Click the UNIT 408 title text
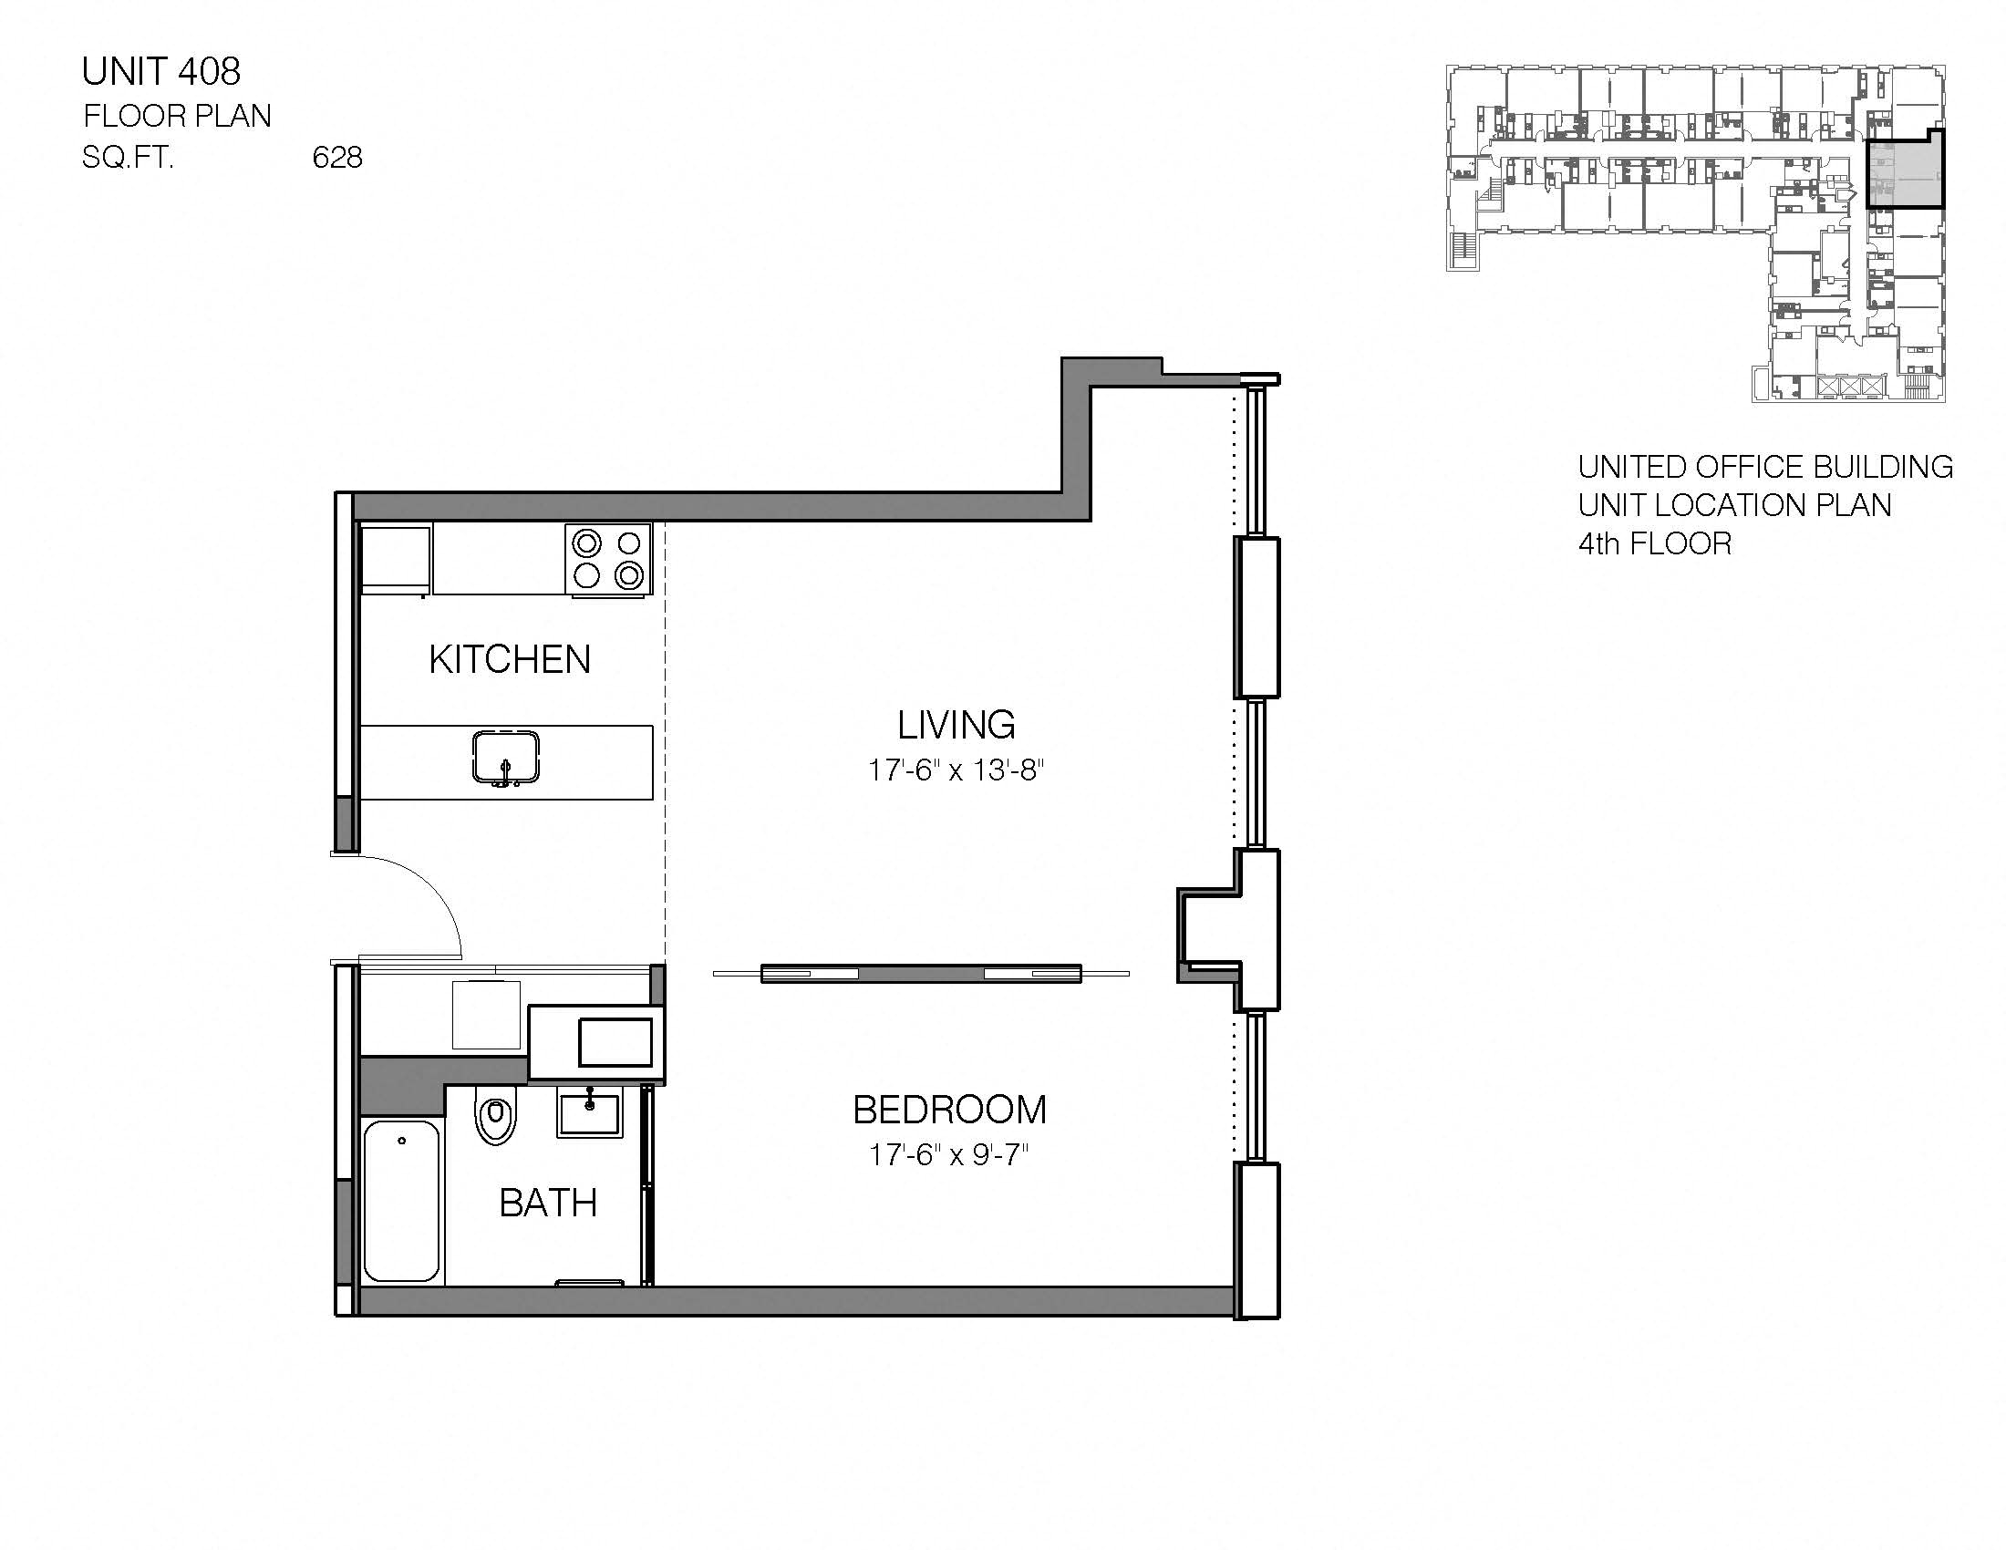(x=160, y=71)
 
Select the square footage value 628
(x=337, y=158)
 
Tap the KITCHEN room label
(x=509, y=659)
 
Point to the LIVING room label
(x=956, y=725)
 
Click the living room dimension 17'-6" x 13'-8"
(x=956, y=770)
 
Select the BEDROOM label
(x=949, y=1110)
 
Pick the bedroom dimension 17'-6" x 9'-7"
(x=949, y=1154)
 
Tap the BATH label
(x=547, y=1202)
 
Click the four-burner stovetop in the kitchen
(x=608, y=559)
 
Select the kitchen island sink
(x=505, y=759)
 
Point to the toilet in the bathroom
(x=496, y=1116)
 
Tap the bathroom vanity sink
(x=590, y=1113)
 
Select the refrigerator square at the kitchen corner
(x=396, y=557)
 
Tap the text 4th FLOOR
(x=1654, y=543)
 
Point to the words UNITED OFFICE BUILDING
(x=1764, y=467)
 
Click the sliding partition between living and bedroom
(x=920, y=975)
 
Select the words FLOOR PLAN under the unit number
(x=177, y=116)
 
